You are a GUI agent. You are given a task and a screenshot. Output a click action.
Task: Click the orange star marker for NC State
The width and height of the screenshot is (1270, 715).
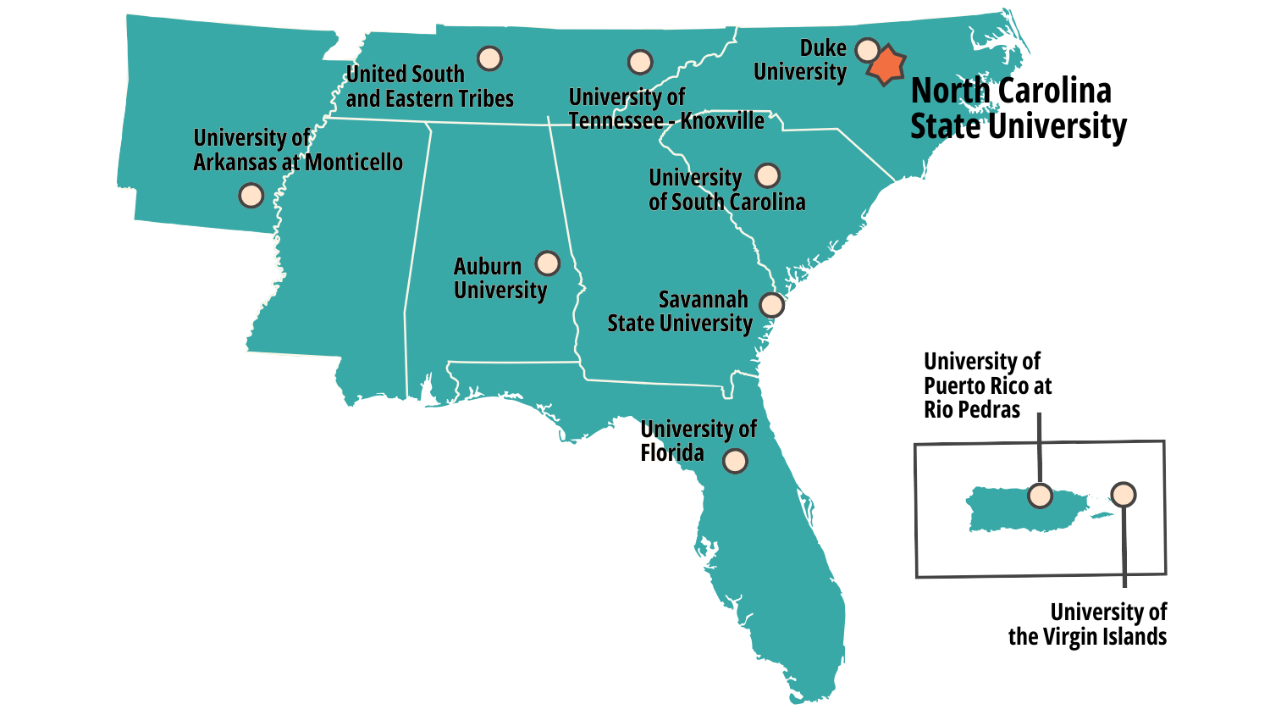click(886, 66)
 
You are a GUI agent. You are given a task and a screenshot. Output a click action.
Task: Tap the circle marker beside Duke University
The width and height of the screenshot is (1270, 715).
click(867, 50)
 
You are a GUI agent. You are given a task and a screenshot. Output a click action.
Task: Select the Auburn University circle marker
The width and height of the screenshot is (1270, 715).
click(548, 263)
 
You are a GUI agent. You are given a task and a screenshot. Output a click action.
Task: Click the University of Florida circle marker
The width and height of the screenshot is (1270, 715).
click(735, 461)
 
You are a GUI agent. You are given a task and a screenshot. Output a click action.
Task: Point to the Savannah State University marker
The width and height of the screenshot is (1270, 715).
click(771, 305)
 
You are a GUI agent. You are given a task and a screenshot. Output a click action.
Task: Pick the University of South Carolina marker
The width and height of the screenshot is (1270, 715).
click(767, 175)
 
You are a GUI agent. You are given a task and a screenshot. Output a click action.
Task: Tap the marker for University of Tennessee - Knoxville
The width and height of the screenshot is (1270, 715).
click(640, 62)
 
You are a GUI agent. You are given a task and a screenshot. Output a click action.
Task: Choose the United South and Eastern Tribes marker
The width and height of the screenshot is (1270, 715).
click(489, 58)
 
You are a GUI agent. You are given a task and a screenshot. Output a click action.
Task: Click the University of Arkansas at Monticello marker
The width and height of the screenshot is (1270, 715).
click(251, 196)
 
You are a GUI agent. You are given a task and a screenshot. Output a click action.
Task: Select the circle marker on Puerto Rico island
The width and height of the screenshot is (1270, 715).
click(1040, 496)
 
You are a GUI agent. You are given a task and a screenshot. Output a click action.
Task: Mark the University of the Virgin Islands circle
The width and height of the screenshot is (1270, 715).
click(1124, 494)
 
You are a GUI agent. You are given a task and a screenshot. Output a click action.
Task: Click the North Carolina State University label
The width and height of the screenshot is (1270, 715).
click(1017, 108)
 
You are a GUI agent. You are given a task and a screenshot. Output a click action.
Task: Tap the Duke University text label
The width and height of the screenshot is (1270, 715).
click(801, 60)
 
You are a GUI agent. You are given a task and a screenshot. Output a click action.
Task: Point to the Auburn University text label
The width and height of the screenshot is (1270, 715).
click(500, 278)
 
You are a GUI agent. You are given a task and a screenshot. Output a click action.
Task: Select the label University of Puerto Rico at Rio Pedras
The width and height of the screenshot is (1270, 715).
click(987, 385)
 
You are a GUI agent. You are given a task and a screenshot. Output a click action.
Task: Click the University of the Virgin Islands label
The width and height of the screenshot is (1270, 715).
click(1088, 624)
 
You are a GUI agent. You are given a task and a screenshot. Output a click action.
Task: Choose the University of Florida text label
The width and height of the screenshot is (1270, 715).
click(697, 441)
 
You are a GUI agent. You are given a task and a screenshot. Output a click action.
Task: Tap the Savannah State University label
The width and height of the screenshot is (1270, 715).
click(680, 312)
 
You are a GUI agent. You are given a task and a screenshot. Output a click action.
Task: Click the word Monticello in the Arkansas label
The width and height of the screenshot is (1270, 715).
click(354, 163)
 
